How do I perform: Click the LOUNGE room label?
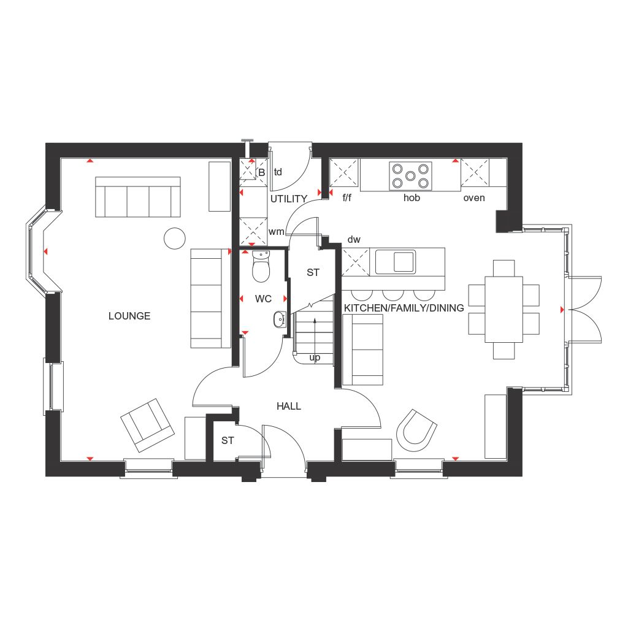click(x=129, y=316)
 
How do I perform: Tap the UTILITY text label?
click(x=288, y=199)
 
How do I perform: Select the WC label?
click(x=263, y=299)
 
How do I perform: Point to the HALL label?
click(x=288, y=406)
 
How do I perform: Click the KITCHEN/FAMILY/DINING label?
click(x=404, y=308)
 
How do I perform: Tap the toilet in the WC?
click(x=261, y=267)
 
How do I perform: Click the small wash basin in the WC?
click(x=279, y=318)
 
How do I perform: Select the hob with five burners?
click(x=410, y=175)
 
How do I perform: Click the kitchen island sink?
click(x=396, y=261)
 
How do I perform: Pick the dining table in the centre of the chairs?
click(x=504, y=309)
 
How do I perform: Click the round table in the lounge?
click(x=174, y=238)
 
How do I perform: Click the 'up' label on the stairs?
click(x=315, y=357)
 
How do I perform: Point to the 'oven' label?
click(x=474, y=197)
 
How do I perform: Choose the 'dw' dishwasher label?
click(x=354, y=239)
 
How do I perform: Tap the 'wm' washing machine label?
click(x=276, y=231)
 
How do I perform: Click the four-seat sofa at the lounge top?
click(x=137, y=197)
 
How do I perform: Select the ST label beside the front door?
click(x=228, y=440)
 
